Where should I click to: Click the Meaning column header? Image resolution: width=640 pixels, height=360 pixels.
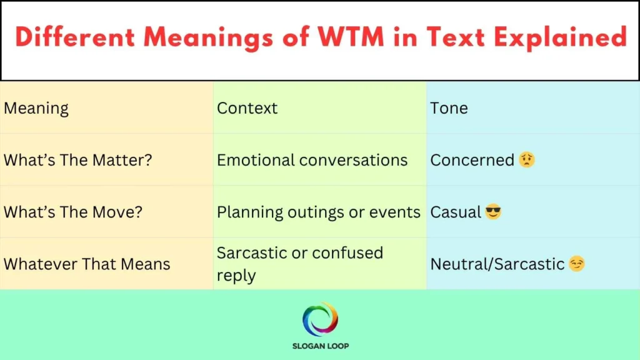36,108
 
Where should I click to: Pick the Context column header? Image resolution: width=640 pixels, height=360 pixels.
247,108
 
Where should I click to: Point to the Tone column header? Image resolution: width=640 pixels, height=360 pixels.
449,108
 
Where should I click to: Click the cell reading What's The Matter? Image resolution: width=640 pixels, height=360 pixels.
78,160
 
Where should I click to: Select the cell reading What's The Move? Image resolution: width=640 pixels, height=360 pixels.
73,212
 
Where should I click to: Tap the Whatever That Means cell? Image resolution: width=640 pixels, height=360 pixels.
87,264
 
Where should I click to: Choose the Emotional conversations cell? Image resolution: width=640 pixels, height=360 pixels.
312,160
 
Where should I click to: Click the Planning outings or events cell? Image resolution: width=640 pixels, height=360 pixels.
318,212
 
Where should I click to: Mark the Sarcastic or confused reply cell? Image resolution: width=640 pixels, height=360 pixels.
299,264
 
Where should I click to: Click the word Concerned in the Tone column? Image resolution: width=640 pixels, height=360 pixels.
472,160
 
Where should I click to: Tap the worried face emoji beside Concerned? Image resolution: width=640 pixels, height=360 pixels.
527,160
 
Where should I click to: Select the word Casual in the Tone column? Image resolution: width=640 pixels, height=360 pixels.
456,212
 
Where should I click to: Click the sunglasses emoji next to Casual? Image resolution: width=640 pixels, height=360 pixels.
493,212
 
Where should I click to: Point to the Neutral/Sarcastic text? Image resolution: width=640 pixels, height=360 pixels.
497,264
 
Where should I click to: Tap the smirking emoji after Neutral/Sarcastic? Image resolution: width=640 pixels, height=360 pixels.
577,264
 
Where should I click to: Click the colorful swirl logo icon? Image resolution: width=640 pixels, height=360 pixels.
320,319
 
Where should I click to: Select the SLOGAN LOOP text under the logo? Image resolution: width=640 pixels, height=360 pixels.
320,346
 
